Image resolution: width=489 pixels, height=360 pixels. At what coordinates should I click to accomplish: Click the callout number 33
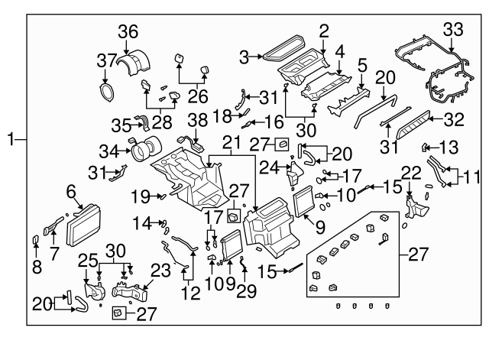[453, 29]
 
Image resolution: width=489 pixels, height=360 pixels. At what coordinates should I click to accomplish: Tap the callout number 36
[128, 31]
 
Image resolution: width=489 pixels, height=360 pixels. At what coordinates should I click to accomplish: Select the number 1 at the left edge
[11, 139]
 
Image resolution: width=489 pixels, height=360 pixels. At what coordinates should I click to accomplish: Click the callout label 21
[231, 142]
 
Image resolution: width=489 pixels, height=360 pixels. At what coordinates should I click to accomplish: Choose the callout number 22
[410, 174]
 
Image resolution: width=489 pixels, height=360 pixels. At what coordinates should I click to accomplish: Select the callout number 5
[362, 65]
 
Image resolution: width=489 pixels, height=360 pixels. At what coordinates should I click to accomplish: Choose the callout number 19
[139, 196]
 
